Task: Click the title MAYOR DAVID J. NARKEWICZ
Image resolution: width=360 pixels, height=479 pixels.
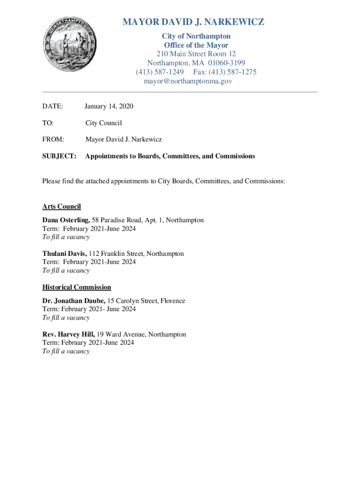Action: [x=193, y=22]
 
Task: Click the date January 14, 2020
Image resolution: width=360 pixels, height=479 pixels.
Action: [x=109, y=106]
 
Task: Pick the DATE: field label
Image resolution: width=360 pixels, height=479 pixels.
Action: [x=53, y=106]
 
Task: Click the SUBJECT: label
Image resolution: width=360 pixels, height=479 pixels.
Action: [x=59, y=156]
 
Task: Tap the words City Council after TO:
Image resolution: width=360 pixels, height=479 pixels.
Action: [x=103, y=123]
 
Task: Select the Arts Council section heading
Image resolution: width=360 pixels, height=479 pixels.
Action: [x=62, y=206]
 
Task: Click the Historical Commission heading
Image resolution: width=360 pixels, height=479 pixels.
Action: [x=77, y=287]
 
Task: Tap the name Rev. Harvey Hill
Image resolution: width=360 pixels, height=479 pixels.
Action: [x=69, y=334]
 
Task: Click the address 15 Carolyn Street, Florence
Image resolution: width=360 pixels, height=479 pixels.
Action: [x=146, y=301]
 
